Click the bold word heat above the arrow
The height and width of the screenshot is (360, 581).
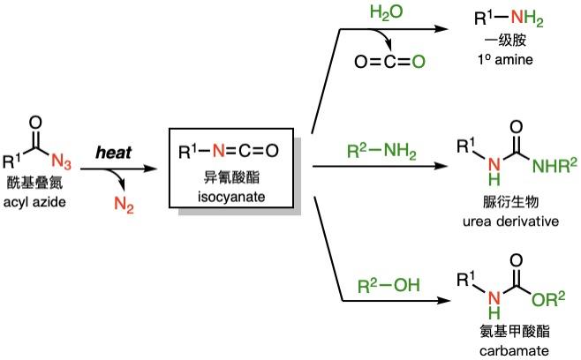click(x=115, y=152)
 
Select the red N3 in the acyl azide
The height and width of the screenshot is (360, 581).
click(x=85, y=161)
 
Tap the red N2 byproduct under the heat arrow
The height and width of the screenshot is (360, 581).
click(x=124, y=205)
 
